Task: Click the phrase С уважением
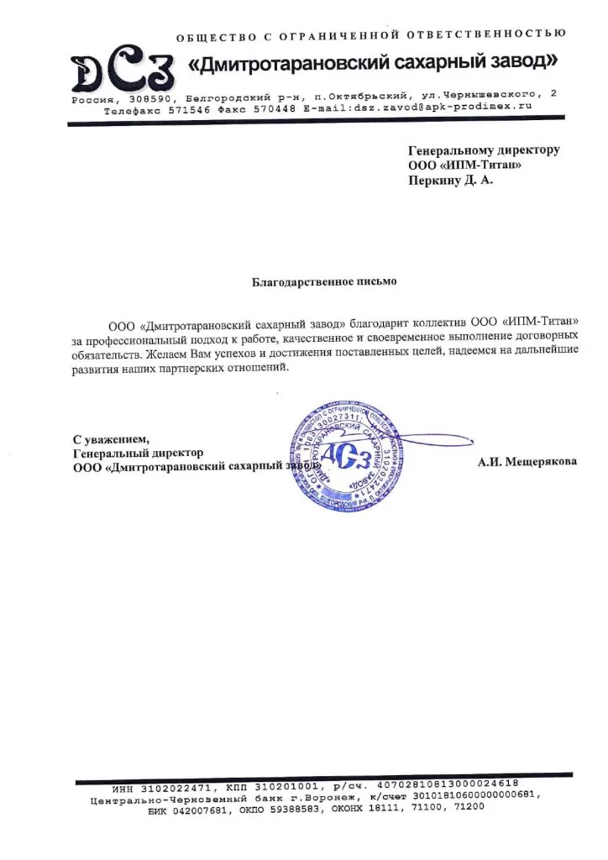pyautogui.click(x=111, y=439)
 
